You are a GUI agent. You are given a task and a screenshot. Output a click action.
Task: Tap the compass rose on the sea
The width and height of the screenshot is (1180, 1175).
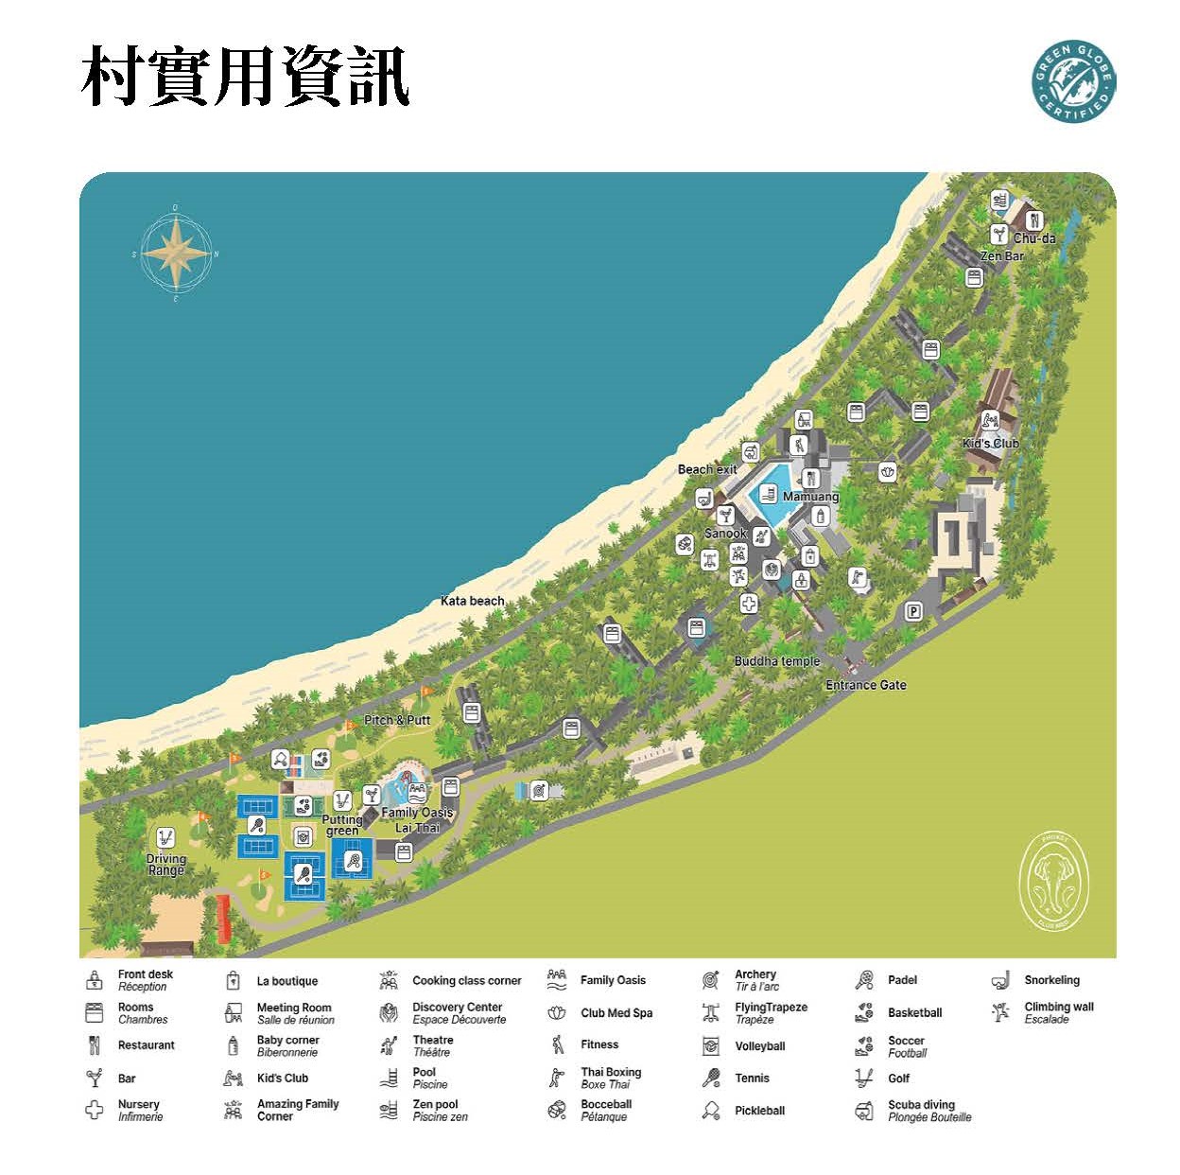tap(176, 254)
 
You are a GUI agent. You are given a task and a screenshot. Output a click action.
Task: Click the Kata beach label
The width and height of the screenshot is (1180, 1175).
tap(472, 601)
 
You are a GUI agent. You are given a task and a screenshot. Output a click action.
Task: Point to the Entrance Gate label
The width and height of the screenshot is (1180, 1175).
tap(865, 685)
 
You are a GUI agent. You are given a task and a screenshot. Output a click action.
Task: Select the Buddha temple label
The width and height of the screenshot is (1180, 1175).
tap(776, 661)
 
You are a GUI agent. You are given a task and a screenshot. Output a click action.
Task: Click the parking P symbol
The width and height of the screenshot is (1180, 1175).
tap(913, 611)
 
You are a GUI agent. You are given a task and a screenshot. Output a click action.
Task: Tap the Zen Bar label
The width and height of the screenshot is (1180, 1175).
tap(1001, 255)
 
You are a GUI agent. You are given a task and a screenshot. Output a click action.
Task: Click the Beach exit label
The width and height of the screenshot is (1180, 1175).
tap(706, 469)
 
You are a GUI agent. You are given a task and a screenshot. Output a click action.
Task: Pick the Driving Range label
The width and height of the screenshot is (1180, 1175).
tap(166, 865)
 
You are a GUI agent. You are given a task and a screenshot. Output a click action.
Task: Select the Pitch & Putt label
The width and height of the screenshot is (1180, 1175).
tap(397, 720)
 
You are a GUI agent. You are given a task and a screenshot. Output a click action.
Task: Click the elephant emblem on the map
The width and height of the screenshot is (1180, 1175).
tap(1053, 880)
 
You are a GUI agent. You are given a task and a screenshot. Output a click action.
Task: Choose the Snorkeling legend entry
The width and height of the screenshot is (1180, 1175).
tap(1050, 980)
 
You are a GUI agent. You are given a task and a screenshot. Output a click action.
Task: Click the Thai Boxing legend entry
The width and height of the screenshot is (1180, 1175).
tap(610, 1078)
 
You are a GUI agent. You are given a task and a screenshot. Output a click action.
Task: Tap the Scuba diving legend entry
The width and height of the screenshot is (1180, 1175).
tap(920, 1111)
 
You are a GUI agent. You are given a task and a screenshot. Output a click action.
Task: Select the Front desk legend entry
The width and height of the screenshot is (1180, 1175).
tap(145, 980)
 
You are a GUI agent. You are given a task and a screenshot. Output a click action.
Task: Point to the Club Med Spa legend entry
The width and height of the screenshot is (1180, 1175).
tap(616, 1013)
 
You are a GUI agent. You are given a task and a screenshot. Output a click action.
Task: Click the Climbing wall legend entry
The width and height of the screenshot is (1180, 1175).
tap(1058, 1012)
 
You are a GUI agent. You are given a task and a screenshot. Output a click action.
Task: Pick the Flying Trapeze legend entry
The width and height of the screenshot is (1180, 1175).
tap(770, 1013)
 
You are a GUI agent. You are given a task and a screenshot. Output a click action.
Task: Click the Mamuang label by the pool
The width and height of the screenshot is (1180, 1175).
tap(810, 497)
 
